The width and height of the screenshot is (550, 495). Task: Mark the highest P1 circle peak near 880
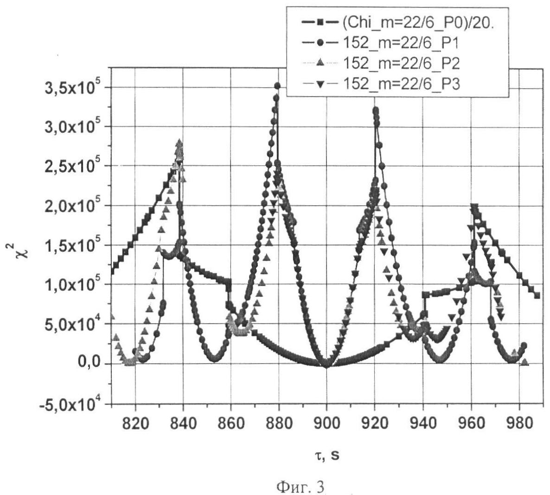[277, 86]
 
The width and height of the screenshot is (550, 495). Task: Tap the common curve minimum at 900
[326, 365]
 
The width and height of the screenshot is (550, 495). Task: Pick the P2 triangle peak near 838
[179, 143]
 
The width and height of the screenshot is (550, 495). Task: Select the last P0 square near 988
[537, 295]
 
